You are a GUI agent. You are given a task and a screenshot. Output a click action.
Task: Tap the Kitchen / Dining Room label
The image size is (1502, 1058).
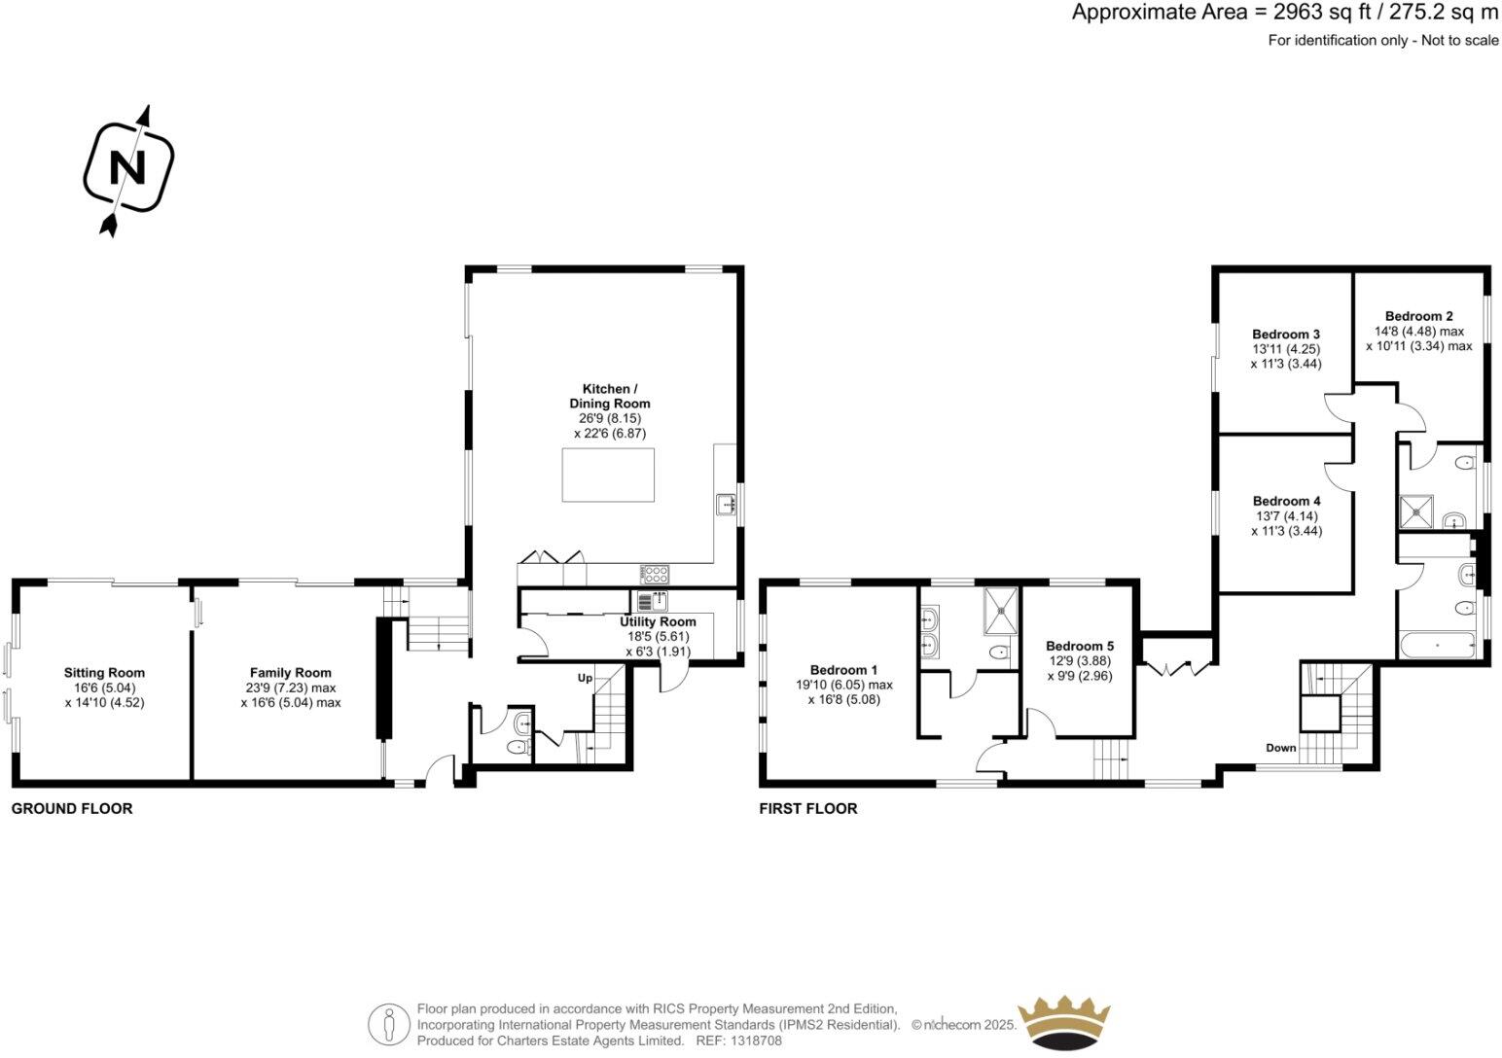pos(609,396)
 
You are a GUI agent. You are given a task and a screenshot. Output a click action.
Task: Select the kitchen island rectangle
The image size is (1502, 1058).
pos(608,475)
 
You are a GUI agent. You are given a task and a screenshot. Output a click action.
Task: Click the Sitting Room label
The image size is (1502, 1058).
pos(104,673)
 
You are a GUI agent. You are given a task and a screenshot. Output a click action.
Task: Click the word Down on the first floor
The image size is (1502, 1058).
pos(1280,748)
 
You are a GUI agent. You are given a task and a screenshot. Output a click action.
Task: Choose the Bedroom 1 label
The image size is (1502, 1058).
pos(843,670)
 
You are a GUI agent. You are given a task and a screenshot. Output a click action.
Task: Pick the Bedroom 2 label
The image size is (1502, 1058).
pos(1418,316)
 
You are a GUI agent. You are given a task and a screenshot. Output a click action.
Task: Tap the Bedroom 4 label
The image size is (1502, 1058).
pos(1286,502)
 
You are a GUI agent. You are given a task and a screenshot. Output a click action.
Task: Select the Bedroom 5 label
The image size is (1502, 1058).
pos(1079,646)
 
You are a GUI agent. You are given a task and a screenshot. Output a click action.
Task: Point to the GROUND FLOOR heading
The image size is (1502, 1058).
pos(72,809)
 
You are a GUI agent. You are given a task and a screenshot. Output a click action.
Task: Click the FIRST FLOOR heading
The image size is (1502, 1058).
pos(807,809)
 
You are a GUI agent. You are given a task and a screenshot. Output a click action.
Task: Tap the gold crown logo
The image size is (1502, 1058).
pos(1062,1022)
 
